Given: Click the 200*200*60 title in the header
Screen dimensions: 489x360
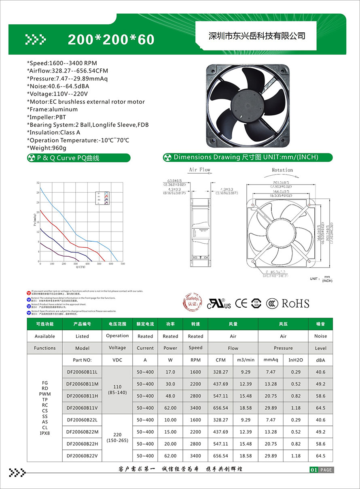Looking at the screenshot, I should (111, 39).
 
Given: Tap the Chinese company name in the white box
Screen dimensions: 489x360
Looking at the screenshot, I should (256, 36).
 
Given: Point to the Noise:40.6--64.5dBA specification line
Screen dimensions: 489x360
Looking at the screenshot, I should (58, 86).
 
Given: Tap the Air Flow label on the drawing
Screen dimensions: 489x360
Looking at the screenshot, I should (199, 170).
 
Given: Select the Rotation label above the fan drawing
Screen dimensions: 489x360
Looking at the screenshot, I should (282, 170).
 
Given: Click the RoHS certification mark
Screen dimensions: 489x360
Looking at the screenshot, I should (295, 304).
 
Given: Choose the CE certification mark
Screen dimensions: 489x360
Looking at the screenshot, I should (241, 304).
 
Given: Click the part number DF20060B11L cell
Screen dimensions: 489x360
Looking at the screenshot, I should (82, 372).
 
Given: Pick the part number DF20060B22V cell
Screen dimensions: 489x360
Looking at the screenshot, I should (82, 456).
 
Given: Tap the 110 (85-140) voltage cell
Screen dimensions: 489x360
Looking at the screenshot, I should (117, 390).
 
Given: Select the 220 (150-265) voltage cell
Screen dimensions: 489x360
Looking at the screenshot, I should (117, 438).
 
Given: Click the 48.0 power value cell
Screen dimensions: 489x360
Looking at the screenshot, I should (170, 396).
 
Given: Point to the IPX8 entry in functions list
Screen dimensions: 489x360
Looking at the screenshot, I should (45, 434).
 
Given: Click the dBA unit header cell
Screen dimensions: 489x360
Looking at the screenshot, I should (320, 360).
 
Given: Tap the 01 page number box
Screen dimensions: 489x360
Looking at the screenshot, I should (313, 470).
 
